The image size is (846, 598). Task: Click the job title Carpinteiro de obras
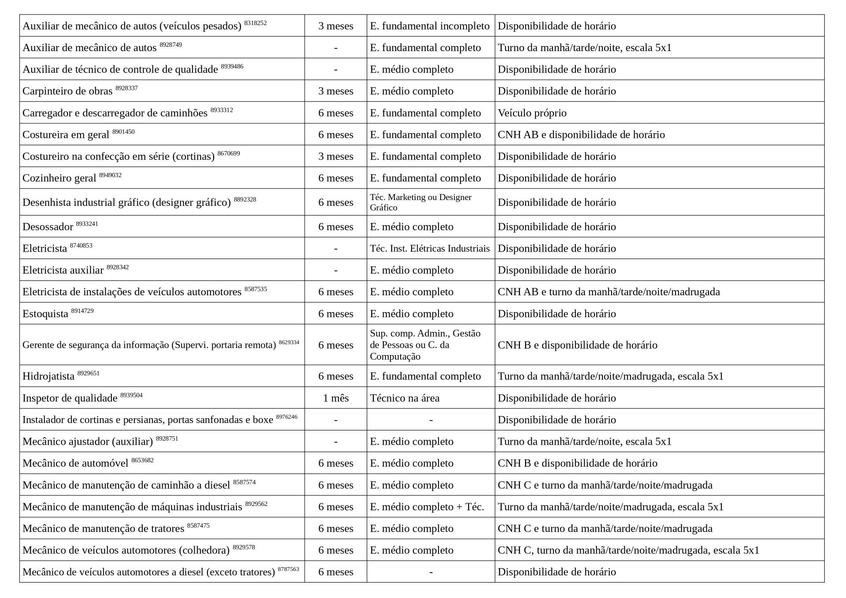tap(67, 91)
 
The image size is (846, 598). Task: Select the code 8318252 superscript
tap(255, 23)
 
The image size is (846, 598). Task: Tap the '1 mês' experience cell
tap(335, 398)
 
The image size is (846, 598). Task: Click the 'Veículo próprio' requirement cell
tap(532, 113)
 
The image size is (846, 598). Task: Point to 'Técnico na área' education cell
tap(404, 398)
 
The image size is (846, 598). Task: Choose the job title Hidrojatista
tap(48, 376)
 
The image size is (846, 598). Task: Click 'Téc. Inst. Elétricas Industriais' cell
tap(430, 249)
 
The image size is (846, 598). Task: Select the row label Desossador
tap(48, 227)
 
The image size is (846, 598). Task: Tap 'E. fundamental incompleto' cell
tap(430, 26)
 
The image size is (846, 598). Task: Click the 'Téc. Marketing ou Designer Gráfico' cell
tap(421, 202)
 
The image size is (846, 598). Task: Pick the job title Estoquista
tap(45, 314)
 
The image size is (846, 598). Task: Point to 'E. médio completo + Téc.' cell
tap(427, 507)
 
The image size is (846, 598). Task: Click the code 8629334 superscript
tap(289, 342)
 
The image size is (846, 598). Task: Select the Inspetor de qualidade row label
tap(70, 398)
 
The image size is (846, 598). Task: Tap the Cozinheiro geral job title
tap(59, 178)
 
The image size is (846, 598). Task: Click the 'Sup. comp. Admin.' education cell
tap(425, 345)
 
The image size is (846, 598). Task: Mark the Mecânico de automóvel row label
tap(75, 464)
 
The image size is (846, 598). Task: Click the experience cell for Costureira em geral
tap(335, 135)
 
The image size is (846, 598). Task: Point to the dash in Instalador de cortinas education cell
tap(430, 420)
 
